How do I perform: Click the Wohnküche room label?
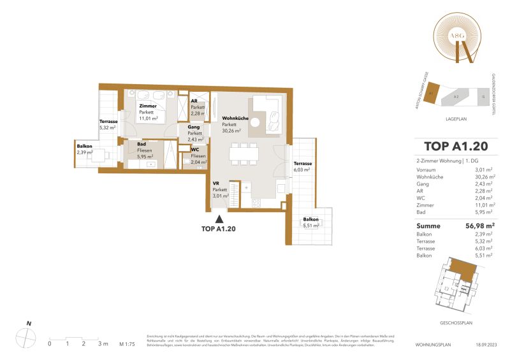point(235,119)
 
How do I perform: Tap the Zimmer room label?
point(148,106)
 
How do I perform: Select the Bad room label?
point(133,145)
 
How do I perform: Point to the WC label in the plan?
point(195,150)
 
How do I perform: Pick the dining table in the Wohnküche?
point(244,153)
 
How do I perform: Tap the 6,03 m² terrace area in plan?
point(302,167)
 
